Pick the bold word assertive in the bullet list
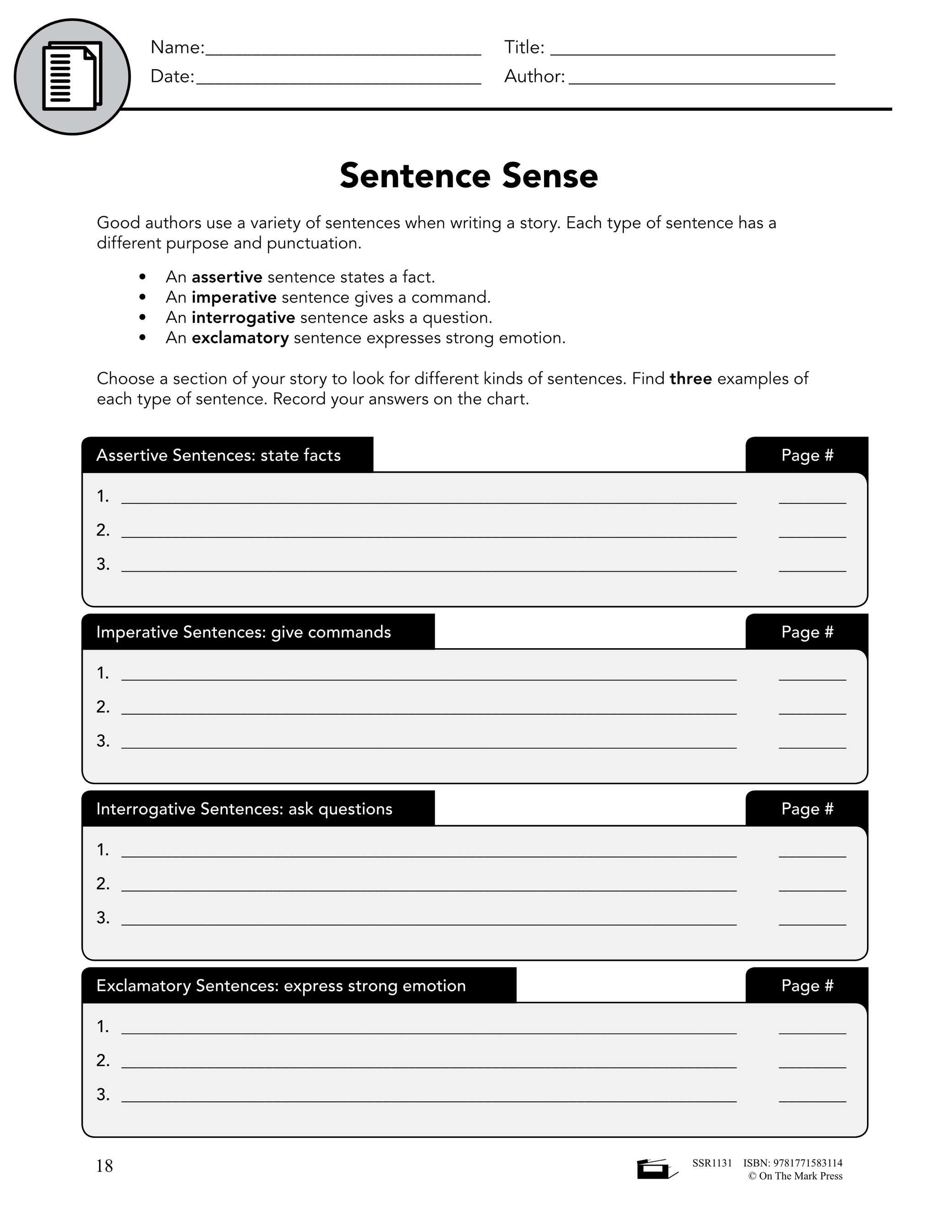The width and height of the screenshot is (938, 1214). pyautogui.click(x=227, y=277)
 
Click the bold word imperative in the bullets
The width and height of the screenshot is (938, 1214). pyautogui.click(x=234, y=297)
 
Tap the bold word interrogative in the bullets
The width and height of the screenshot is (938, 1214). pyautogui.click(x=243, y=317)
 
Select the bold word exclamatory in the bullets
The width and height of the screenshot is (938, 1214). pyautogui.click(x=240, y=338)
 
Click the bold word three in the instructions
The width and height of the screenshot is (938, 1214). pyautogui.click(x=691, y=378)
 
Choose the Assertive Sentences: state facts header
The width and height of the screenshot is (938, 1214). pyautogui.click(x=218, y=455)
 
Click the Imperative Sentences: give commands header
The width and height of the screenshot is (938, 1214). pyautogui.click(x=243, y=632)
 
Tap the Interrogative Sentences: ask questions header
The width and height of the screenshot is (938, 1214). pyautogui.click(x=244, y=809)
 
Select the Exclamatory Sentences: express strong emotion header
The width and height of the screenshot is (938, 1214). pyautogui.click(x=281, y=985)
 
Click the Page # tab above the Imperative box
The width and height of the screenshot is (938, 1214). pyautogui.click(x=807, y=632)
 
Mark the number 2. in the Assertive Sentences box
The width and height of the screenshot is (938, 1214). pyautogui.click(x=103, y=530)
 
